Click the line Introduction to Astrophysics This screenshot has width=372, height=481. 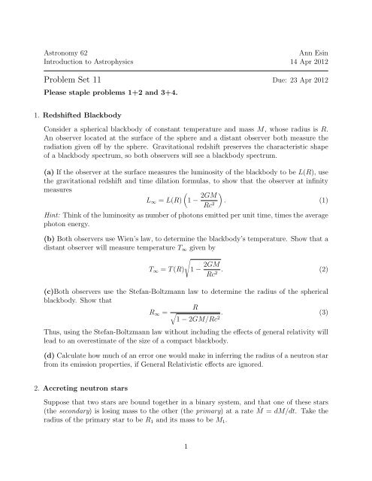[88, 62]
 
